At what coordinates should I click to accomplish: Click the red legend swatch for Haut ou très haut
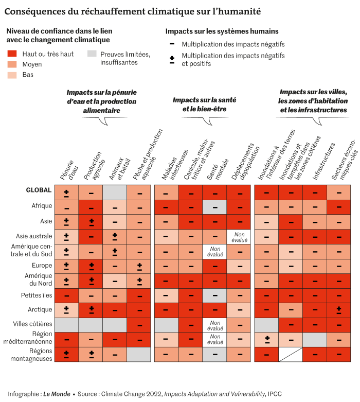pyautogui.click(x=12, y=54)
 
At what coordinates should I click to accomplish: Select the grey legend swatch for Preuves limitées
pyautogui.click(x=92, y=54)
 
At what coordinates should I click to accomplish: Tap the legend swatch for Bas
pyautogui.click(x=12, y=75)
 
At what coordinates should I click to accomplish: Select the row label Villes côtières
pyautogui.click(x=32, y=325)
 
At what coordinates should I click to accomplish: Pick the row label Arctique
pyautogui.click(x=40, y=310)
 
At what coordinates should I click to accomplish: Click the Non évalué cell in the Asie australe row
pyautogui.click(x=238, y=236)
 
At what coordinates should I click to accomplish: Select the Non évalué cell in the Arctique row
pyautogui.click(x=214, y=310)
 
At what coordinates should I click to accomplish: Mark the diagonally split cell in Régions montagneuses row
pyautogui.click(x=291, y=355)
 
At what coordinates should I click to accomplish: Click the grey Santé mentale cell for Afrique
pyautogui.click(x=214, y=207)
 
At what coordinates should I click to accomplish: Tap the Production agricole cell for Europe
pyautogui.click(x=91, y=266)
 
